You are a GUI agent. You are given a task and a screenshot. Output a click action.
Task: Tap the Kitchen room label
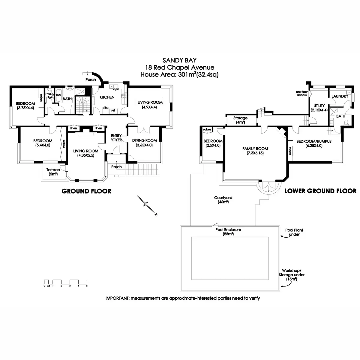pos(107,97)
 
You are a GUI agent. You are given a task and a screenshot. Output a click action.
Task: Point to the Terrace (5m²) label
pos(53,172)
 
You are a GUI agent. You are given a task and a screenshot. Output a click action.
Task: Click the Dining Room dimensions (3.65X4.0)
pos(144,145)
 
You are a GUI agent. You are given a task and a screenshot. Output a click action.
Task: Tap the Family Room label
pos(255,149)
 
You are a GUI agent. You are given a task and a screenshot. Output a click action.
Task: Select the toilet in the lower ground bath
pos(346,122)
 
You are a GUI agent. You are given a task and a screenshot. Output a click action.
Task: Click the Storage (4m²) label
pos(240,120)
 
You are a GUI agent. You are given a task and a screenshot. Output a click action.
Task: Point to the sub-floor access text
pos(302,93)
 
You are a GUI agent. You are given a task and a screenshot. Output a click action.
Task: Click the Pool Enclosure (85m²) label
pos(228,232)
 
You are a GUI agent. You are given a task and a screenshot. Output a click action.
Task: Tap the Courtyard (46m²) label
pos(223,200)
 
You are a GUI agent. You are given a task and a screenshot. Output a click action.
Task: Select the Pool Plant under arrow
pos(284,237)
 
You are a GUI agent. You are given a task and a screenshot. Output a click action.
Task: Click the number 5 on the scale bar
pos(87,286)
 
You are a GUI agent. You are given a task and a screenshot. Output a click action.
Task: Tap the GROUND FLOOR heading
pos(86,191)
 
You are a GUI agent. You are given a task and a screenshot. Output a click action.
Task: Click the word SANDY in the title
pos(170,60)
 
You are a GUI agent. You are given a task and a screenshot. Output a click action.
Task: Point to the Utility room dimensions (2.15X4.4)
pos(319,110)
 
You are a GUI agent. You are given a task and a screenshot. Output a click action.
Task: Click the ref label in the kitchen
pos(113,110)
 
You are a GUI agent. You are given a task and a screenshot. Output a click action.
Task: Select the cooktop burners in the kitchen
pos(124,96)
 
